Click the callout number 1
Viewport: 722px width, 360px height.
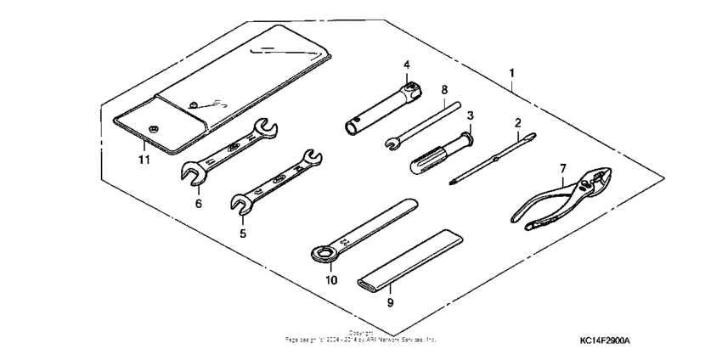tap(511, 73)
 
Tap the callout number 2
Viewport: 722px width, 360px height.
tap(517, 123)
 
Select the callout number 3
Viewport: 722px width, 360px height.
tap(470, 115)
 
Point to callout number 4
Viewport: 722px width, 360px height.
tap(406, 65)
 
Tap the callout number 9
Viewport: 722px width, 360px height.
tap(390, 301)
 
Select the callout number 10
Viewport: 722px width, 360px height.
tap(331, 279)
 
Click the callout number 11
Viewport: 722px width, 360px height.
tap(144, 160)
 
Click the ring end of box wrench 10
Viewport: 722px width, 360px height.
tap(322, 252)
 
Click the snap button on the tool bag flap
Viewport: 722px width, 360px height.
tap(154, 128)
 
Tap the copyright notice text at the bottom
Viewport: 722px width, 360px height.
tap(361, 337)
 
